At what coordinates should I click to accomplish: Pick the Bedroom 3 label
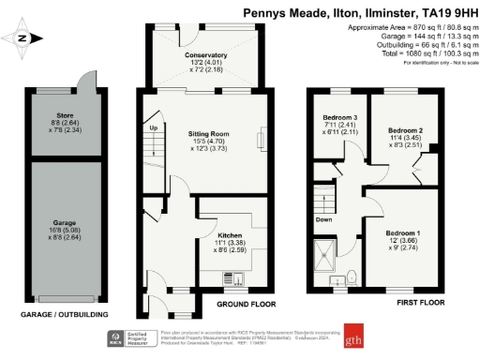(x=334, y=120)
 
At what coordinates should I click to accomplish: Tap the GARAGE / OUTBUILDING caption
(x=64, y=314)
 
